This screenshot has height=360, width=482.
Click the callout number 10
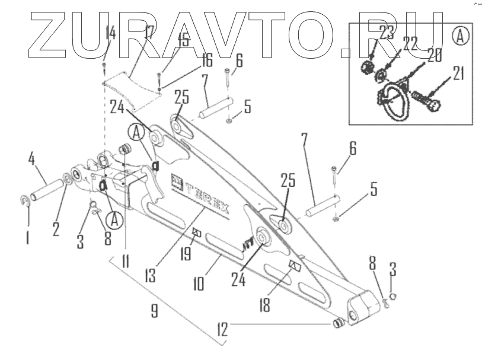[199, 280]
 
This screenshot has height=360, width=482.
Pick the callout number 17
[148, 33]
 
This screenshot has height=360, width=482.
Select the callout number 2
[56, 227]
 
